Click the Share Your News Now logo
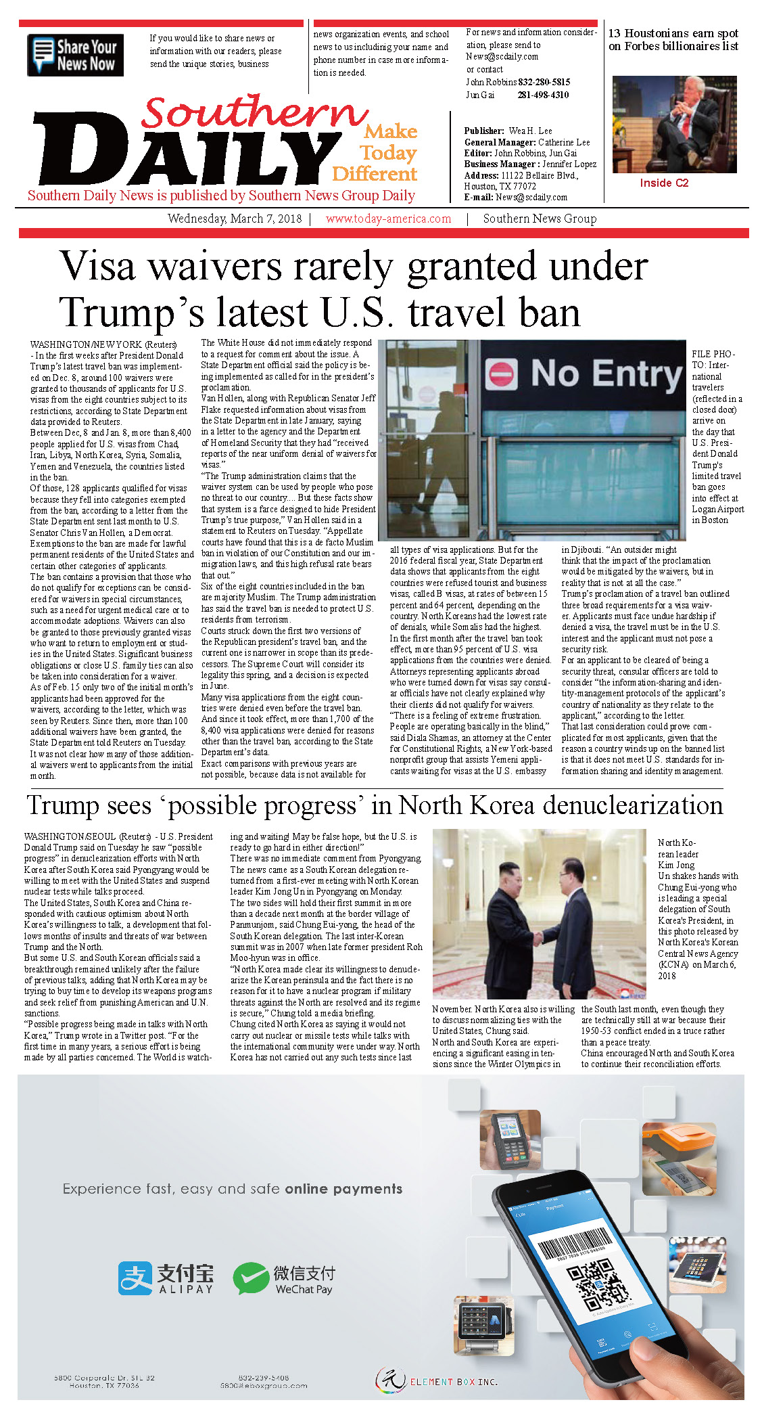[x=75, y=55]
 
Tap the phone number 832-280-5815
[x=544, y=82]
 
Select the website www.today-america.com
[x=388, y=219]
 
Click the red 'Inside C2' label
[x=664, y=183]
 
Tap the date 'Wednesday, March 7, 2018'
[x=235, y=219]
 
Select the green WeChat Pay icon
[x=251, y=1278]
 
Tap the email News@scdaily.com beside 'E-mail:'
[x=531, y=198]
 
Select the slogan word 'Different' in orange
[x=375, y=174]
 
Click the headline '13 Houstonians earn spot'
[x=673, y=33]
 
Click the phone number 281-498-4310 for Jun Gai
[x=543, y=95]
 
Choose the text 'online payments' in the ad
[x=343, y=1189]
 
